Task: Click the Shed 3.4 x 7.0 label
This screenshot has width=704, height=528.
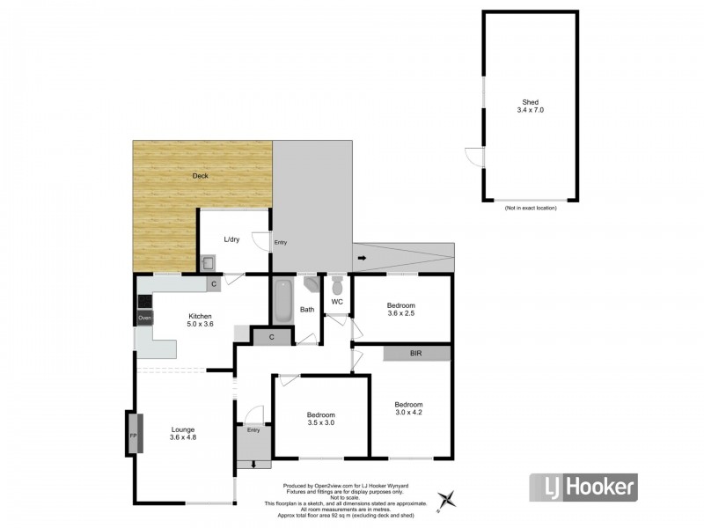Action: tap(529, 106)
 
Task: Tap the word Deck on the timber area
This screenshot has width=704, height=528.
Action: tap(202, 175)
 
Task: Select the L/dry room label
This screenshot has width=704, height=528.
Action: tap(231, 239)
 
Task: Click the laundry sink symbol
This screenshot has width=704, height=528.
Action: tap(209, 262)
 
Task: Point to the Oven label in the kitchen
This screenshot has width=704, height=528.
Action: tap(145, 317)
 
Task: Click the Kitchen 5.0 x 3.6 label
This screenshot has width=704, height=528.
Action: tap(199, 319)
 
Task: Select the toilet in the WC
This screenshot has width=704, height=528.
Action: tap(337, 285)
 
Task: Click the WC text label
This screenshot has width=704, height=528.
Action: tap(336, 303)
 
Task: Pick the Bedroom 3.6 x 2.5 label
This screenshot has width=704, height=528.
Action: tap(400, 309)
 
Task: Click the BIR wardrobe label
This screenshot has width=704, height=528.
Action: tap(416, 353)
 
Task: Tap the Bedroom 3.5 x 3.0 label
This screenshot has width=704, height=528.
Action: tap(320, 419)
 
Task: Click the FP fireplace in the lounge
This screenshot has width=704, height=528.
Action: tap(134, 436)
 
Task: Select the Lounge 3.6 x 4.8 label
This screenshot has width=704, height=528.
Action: tap(184, 435)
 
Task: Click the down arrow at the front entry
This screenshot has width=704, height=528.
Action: tap(254, 464)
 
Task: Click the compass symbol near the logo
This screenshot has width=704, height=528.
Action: tap(449, 498)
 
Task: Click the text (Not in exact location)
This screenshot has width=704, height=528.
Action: tap(530, 208)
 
